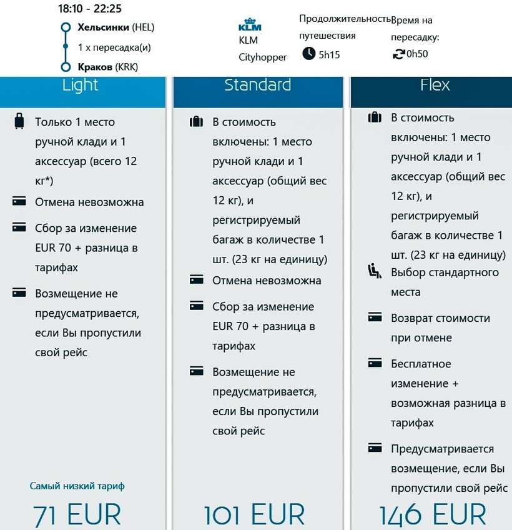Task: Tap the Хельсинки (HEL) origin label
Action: coord(116,27)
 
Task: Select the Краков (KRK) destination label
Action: coord(107,67)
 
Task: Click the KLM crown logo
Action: coord(250,26)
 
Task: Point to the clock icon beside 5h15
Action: coord(308,54)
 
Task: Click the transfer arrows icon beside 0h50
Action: coord(397,54)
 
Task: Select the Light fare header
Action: coord(81,85)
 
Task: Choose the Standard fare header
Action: coord(257,85)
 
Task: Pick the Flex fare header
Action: coord(435,85)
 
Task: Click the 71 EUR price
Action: coord(77,515)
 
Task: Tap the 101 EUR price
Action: coord(254,515)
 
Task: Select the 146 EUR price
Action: coord(432,515)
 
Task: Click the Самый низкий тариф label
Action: coord(81,486)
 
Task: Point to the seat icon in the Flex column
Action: coord(375,271)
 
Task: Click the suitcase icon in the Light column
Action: coord(19,121)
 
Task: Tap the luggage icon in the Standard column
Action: coord(197,121)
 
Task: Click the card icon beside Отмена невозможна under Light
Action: coord(19,201)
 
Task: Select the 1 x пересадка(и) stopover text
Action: coord(114,47)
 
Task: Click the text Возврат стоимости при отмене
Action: coord(440,327)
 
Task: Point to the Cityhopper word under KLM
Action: coord(262,57)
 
